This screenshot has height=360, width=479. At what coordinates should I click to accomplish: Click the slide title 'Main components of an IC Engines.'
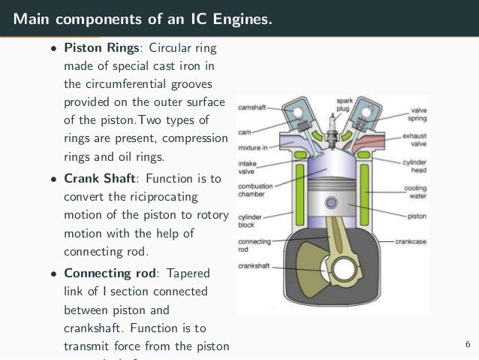point(143,17)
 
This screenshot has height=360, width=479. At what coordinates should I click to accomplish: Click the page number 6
point(467,345)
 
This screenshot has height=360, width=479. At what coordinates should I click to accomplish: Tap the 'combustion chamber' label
point(255,191)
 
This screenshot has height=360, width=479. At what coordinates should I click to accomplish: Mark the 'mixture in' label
point(253,148)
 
